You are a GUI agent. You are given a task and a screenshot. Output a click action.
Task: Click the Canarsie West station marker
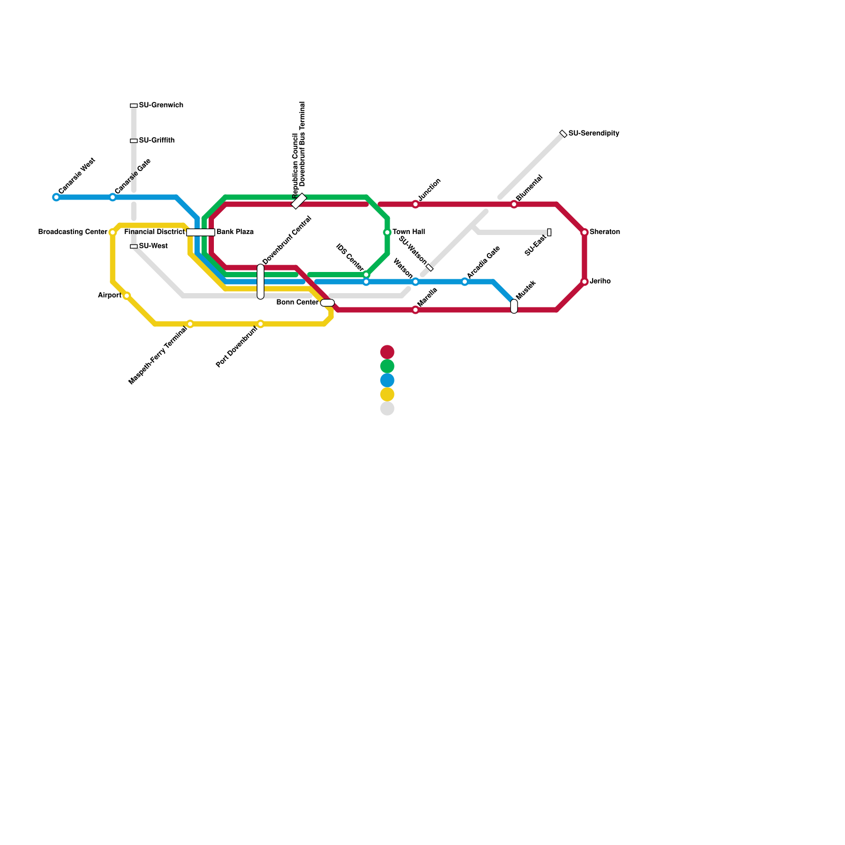(x=57, y=198)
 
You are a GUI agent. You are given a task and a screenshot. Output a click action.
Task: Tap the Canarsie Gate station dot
(x=112, y=198)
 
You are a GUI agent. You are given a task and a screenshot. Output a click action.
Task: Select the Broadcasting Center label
(x=73, y=232)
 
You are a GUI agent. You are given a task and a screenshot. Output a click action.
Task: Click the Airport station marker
(x=127, y=296)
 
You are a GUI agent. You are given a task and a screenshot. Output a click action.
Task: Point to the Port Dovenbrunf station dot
(x=260, y=324)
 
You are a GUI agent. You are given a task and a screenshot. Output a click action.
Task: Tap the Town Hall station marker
(x=387, y=232)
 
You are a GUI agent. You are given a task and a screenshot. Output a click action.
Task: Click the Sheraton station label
(x=605, y=232)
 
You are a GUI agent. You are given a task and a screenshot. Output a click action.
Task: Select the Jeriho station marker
(x=585, y=281)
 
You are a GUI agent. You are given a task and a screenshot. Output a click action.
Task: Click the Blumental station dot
(x=514, y=204)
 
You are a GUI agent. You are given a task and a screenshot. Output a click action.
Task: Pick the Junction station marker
(x=416, y=204)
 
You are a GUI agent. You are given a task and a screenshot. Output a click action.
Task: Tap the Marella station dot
(x=416, y=310)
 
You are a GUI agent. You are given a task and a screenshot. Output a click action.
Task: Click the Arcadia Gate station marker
(x=465, y=281)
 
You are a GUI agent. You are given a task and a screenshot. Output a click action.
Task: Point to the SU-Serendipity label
(x=594, y=134)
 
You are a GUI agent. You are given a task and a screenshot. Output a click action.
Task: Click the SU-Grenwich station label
(x=161, y=106)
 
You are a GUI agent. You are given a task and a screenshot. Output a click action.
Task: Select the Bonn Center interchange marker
(x=327, y=303)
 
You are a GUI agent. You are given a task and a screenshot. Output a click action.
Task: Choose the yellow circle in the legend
(x=387, y=395)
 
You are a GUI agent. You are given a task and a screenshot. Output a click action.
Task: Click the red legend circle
(x=387, y=352)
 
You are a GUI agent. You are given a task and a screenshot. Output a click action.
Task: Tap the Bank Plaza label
(x=235, y=232)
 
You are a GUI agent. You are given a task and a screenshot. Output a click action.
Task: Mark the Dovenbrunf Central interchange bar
(x=260, y=281)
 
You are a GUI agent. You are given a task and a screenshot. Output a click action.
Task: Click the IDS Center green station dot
(x=366, y=275)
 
